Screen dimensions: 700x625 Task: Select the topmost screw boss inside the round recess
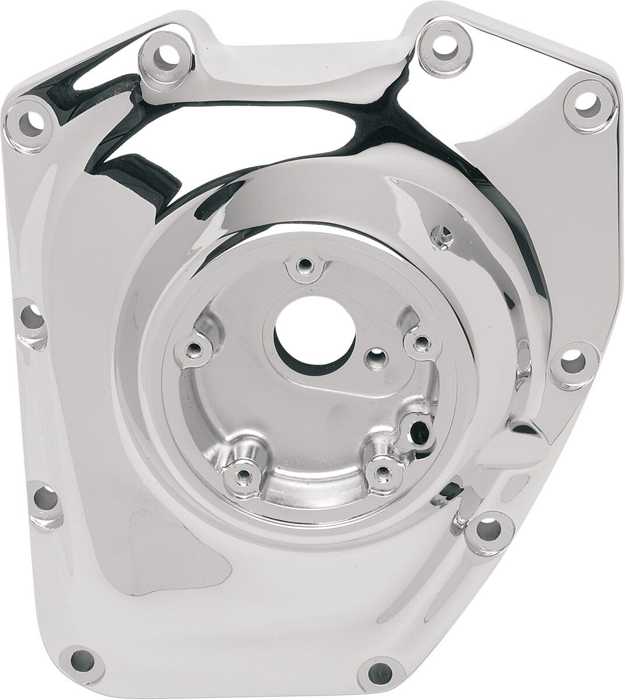click(x=302, y=266)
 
